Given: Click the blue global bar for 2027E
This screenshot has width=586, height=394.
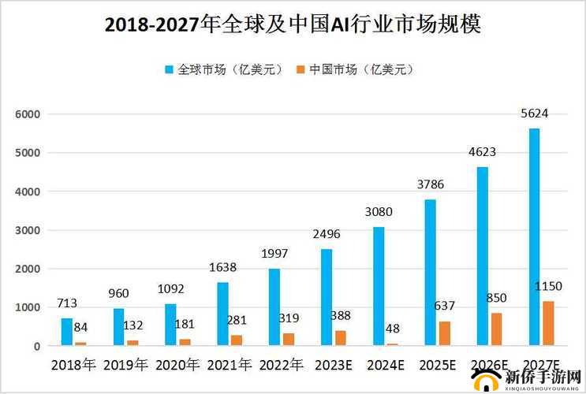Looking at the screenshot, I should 534,236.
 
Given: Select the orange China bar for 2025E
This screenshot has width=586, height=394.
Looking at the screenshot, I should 445,333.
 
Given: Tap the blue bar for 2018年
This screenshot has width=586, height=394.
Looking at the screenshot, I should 67,332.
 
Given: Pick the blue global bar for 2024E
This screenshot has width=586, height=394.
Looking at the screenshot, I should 379,286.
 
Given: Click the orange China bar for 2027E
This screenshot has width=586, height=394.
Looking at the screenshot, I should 548,323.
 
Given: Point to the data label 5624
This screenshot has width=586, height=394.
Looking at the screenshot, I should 534,113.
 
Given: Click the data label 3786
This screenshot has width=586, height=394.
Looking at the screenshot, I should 431,185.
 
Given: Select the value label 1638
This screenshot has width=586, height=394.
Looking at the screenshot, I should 223,268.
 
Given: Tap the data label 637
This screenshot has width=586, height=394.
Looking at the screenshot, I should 445,306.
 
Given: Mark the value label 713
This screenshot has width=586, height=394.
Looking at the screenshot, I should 67,303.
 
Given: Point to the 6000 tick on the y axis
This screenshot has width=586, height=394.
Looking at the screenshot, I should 27,114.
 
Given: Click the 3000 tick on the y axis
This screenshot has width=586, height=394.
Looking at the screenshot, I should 27,230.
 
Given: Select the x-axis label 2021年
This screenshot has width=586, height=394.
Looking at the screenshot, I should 230,365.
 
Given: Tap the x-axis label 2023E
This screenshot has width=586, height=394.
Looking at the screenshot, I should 333,365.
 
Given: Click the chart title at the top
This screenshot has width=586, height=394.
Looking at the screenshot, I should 293,25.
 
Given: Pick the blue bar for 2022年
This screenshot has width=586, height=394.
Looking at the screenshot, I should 274,307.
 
